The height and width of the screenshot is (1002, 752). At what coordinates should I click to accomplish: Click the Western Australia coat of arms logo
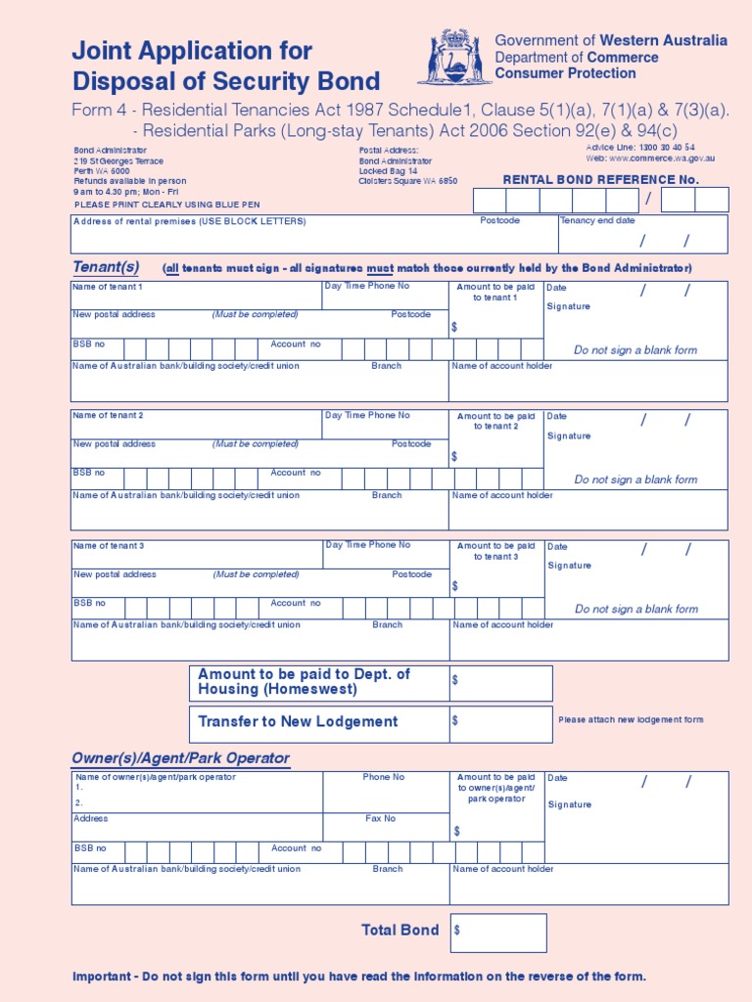point(455,58)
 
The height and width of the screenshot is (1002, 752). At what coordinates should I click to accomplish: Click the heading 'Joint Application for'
point(192,51)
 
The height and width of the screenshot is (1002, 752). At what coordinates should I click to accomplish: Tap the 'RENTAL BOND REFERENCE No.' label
point(600,179)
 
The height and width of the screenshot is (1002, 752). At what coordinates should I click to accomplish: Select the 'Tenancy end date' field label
point(597,221)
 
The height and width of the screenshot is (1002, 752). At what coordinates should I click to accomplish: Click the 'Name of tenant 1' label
point(108,287)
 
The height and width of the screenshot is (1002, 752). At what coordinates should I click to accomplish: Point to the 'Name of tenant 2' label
point(108,416)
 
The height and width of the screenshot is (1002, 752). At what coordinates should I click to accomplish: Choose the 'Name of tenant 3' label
point(108,546)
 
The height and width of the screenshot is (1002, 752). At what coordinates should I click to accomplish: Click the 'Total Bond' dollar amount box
point(498,933)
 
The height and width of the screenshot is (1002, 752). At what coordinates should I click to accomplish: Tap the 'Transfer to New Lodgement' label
point(298,722)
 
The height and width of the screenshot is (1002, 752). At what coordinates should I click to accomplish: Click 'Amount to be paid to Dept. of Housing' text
point(304,682)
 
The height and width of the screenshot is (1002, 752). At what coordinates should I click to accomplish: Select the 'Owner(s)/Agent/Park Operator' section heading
point(180,758)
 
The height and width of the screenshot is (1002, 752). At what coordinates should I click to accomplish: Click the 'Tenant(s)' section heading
point(106,267)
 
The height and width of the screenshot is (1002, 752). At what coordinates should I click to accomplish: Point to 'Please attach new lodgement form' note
point(631,720)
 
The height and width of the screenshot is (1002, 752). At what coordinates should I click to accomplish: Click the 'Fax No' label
point(381,818)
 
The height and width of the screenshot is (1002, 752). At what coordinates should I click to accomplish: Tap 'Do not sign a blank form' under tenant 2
point(635,479)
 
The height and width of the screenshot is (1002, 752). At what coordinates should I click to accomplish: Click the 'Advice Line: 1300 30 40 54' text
point(640,147)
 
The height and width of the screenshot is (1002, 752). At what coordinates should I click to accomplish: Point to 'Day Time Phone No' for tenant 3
point(368,545)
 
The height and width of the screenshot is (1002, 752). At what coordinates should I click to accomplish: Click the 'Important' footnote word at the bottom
point(104,977)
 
